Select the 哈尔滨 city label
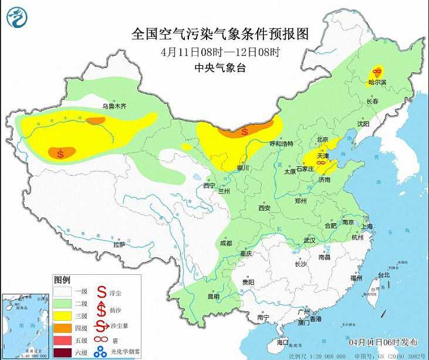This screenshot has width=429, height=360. (377, 83)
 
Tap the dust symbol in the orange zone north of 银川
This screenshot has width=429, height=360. (245, 130)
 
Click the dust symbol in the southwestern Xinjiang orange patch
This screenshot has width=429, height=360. (61, 154)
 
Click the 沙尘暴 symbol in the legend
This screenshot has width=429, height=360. (101, 328)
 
